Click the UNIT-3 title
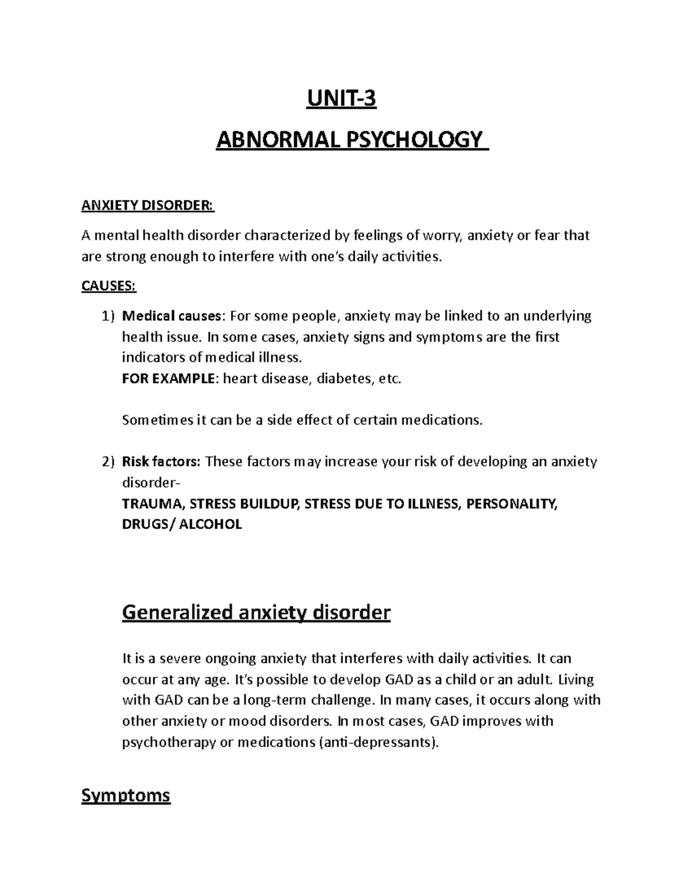click(346, 99)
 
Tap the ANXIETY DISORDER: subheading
click(148, 206)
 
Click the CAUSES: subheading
click(109, 286)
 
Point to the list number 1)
click(108, 316)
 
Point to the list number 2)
click(108, 462)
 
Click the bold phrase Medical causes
click(171, 316)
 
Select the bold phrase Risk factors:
click(161, 462)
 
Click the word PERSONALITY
click(512, 504)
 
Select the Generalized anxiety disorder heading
click(256, 612)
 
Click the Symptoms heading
click(126, 796)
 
